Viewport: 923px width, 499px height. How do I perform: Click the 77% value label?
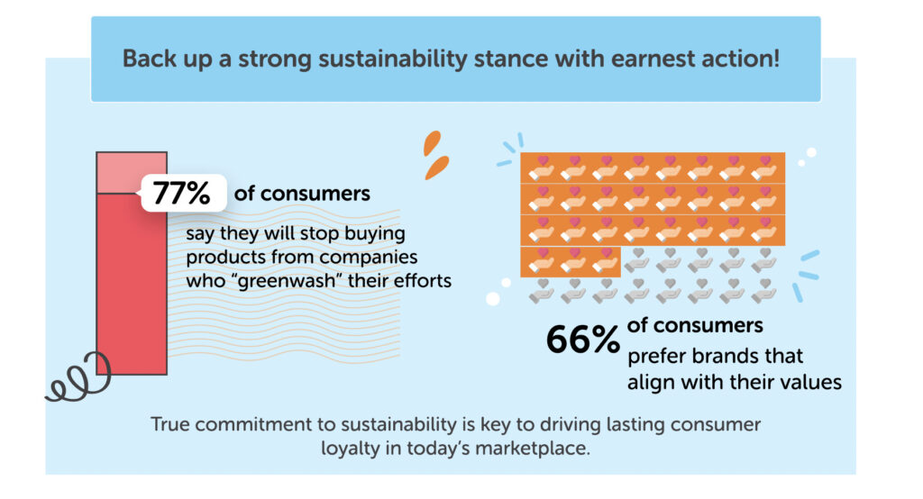click(x=181, y=193)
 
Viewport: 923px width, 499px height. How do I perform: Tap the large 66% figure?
click(x=583, y=340)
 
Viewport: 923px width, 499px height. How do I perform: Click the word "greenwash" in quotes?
click(x=288, y=281)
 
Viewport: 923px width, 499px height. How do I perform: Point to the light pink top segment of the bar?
click(x=132, y=172)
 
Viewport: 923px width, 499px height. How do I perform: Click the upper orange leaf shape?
click(x=432, y=143)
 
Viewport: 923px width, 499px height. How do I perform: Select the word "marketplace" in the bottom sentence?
click(x=532, y=449)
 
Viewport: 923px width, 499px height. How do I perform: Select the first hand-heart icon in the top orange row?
click(x=542, y=168)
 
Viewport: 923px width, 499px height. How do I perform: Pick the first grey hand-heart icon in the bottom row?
click(x=542, y=291)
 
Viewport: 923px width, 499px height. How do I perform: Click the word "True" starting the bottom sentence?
click(x=170, y=425)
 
